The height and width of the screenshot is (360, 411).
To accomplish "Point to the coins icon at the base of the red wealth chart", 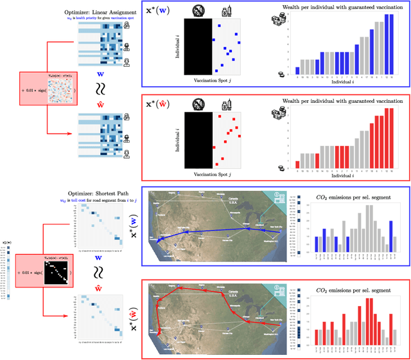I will point(281,168).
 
